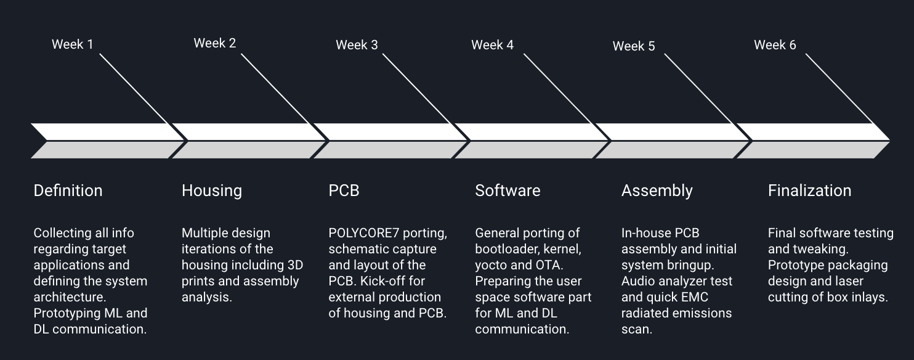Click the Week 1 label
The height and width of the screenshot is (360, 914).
point(73,44)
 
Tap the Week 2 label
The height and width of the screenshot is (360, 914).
point(214,43)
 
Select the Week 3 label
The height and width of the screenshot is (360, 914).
point(357,45)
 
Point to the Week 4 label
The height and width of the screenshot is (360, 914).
point(492,45)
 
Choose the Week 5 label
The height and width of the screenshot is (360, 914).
point(634,46)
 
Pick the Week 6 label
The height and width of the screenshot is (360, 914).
point(775,45)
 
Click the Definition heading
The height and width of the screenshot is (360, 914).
point(68,190)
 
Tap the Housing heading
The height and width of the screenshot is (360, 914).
point(212,191)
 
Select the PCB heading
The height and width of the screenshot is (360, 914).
point(344,190)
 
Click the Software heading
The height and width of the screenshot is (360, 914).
point(508,190)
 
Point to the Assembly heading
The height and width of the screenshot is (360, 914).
point(657,191)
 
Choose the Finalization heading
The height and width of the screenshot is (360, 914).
point(809,190)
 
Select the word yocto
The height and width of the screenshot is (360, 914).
point(491,265)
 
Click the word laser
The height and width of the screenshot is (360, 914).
point(849,281)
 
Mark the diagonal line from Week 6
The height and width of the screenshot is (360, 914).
point(839,89)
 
